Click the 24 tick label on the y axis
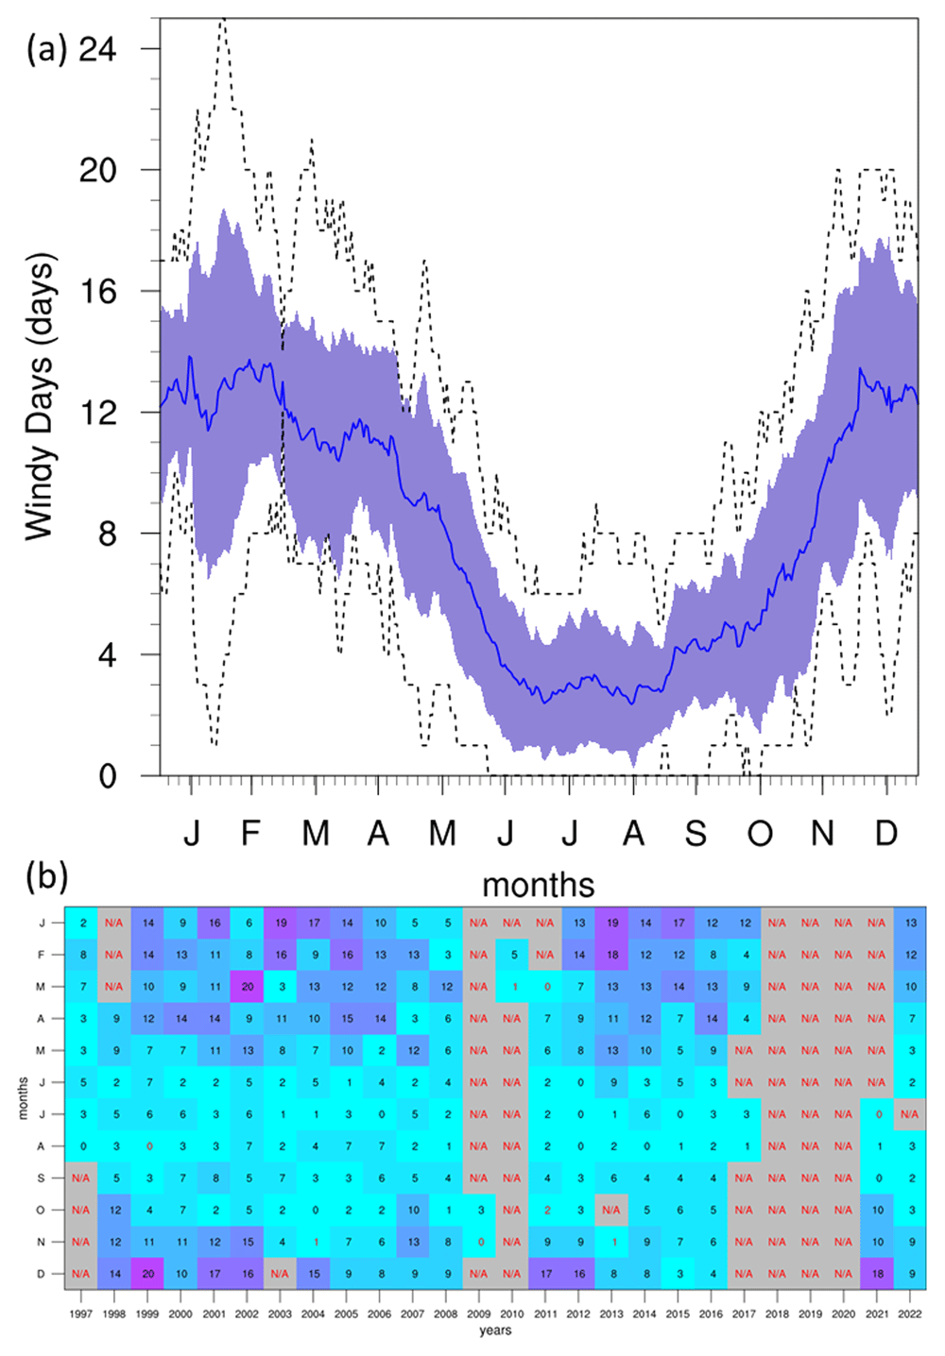coord(97,49)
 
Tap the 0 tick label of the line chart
coord(107,775)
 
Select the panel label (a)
coord(46,49)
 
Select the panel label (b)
coord(46,877)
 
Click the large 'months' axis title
coord(539,885)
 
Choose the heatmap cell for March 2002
coord(248,987)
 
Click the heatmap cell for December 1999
coord(147,1274)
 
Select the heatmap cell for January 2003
coord(281,924)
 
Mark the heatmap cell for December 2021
coord(877,1274)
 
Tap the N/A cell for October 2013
coord(611,1211)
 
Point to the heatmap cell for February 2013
coord(611,955)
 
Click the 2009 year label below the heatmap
coord(478,1314)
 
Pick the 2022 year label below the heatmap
coord(910,1314)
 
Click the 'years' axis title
coord(495,1331)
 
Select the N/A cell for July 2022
coord(910,1114)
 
